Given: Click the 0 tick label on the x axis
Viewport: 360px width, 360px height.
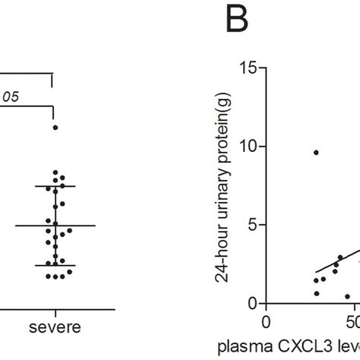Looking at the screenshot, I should [265, 322].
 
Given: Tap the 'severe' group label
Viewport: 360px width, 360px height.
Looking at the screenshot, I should [55, 329].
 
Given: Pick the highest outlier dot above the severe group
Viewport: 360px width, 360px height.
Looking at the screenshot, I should [55, 128].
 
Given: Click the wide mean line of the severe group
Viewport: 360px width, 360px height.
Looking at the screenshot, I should [55, 226].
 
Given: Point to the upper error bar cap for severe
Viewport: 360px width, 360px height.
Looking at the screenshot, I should [55, 186].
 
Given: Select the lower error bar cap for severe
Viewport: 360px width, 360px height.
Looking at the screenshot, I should [55, 266].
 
